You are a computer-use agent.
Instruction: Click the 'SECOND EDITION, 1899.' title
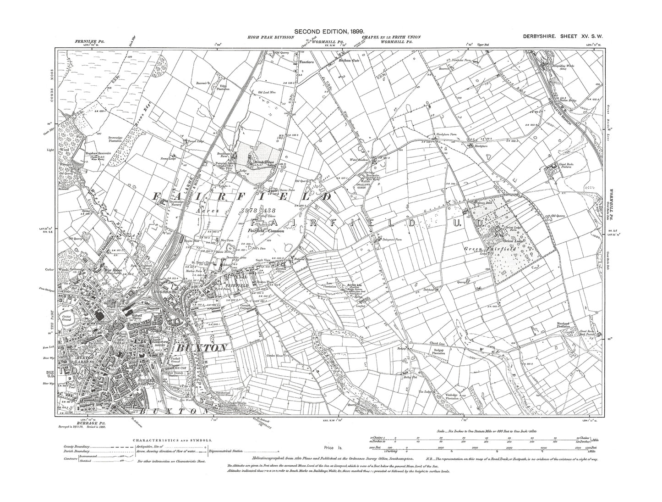point(329,31)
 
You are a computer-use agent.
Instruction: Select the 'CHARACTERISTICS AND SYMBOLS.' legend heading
point(172,439)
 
